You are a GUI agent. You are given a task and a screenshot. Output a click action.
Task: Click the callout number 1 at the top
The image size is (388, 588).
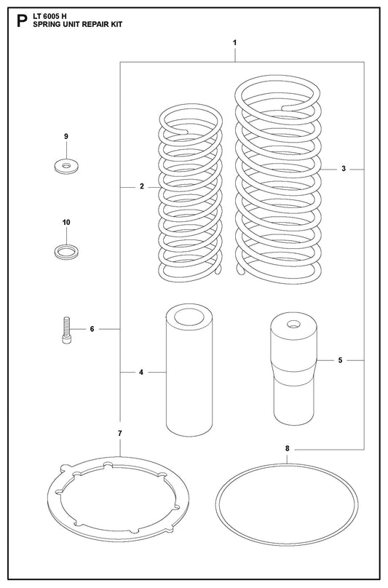(x=234, y=43)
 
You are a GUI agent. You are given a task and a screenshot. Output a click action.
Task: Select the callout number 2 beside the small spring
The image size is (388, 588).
(x=142, y=186)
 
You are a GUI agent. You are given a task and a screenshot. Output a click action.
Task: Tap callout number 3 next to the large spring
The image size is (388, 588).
(x=344, y=169)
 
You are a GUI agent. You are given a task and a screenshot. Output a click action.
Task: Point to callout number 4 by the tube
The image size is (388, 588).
(x=141, y=373)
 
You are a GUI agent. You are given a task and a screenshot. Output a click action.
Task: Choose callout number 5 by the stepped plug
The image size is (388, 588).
(x=341, y=360)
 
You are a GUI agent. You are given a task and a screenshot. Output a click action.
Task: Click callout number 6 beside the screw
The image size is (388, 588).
(x=92, y=329)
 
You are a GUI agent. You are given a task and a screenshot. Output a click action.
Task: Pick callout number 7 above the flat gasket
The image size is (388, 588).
(x=120, y=434)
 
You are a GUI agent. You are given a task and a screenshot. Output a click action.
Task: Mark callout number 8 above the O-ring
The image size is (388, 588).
(x=287, y=448)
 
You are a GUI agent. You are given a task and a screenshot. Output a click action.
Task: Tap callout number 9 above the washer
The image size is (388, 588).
(x=66, y=137)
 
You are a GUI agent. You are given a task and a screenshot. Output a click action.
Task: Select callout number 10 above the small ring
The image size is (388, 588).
(x=66, y=223)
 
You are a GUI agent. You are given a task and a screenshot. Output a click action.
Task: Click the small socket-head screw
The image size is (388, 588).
(x=66, y=330)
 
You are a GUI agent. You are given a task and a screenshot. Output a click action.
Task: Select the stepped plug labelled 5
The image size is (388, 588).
(x=294, y=369)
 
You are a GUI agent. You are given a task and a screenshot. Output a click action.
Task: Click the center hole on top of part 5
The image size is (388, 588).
(x=293, y=324)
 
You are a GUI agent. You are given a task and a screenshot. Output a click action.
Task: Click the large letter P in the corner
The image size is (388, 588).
(x=22, y=21)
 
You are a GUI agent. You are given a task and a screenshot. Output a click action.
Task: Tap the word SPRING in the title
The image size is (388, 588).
(x=44, y=25)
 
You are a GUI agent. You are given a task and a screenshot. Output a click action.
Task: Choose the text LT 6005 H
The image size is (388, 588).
(x=50, y=17)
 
